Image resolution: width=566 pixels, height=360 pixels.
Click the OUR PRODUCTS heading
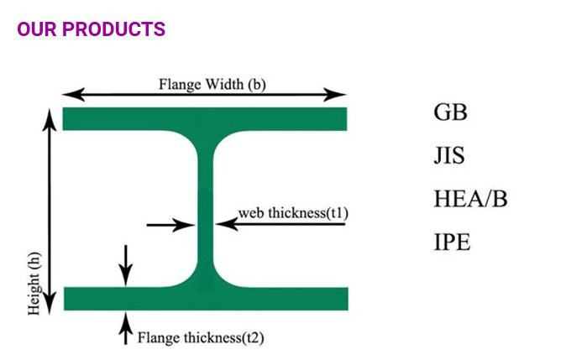[92, 29]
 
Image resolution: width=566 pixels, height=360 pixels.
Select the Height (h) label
[34, 284]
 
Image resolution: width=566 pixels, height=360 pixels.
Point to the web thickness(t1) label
[293, 212]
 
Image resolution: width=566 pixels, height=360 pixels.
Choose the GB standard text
[450, 112]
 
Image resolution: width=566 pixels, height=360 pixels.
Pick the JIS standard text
[449, 156]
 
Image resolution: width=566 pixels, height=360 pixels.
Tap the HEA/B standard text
[470, 200]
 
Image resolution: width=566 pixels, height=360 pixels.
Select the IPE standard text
[452, 243]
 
